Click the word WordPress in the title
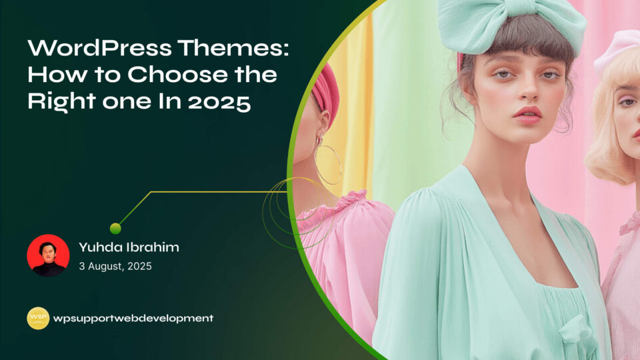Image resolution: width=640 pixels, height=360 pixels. [x=99, y=48]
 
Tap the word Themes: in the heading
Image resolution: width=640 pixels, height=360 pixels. [x=233, y=48]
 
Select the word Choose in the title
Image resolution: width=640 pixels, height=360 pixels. [x=177, y=74]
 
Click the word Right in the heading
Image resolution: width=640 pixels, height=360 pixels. [x=61, y=101]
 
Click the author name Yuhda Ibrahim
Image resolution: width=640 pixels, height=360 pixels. [x=129, y=247]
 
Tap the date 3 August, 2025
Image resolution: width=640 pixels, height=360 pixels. [x=115, y=266]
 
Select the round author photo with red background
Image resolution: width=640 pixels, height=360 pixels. [x=48, y=255]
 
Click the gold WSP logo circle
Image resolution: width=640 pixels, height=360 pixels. [x=38, y=319]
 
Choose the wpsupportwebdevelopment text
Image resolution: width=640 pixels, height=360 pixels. [x=133, y=319]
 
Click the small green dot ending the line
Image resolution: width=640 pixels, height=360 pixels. [x=115, y=229]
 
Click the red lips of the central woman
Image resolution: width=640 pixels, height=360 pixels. [x=528, y=115]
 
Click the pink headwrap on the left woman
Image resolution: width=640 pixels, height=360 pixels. [x=326, y=94]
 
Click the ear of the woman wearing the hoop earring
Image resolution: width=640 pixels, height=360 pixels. [x=323, y=123]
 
